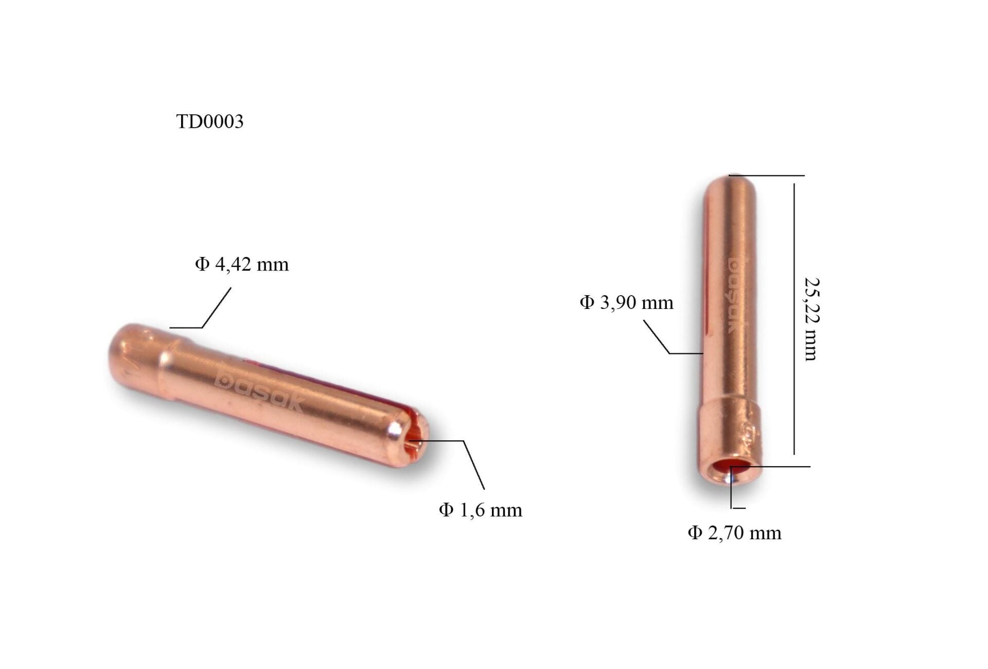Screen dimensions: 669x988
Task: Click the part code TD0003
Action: pyautogui.click(x=209, y=122)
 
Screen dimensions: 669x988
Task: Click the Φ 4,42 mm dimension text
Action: pyautogui.click(x=242, y=265)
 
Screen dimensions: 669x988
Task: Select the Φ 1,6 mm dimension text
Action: pyautogui.click(x=480, y=510)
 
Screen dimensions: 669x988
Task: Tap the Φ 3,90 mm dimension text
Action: pyautogui.click(x=626, y=302)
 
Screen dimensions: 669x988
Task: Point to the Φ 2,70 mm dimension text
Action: pyautogui.click(x=734, y=533)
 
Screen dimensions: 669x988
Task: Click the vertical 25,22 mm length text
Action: pyautogui.click(x=811, y=319)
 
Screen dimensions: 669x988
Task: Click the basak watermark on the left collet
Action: pyautogui.click(x=260, y=389)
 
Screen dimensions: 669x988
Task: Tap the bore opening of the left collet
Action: pyautogui.click(x=414, y=441)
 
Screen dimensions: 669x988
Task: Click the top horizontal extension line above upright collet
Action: pyautogui.click(x=767, y=176)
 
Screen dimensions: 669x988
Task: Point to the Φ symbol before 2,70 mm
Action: pyautogui.click(x=695, y=533)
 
